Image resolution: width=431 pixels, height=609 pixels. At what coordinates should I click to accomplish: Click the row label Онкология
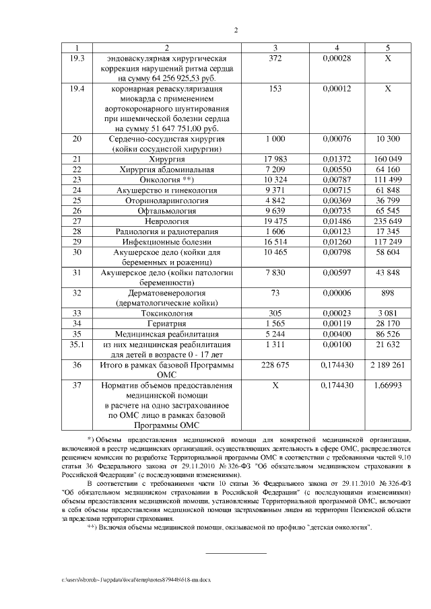pos(164,180)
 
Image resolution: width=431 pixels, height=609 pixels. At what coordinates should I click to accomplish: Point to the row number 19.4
pos(79,88)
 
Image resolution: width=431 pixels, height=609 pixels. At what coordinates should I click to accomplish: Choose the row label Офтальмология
pos(164,211)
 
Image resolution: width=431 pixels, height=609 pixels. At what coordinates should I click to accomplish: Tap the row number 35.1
pos(79,344)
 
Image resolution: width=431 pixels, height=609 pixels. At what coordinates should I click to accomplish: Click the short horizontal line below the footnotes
pos(235,553)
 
